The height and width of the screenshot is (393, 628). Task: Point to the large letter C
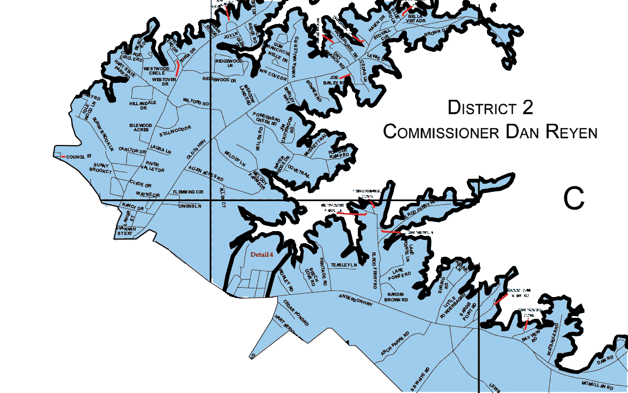(x=574, y=199)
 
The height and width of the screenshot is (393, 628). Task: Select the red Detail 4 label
(x=261, y=254)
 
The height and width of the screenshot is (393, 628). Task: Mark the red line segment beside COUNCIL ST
(x=63, y=157)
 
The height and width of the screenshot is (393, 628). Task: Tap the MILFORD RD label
(x=196, y=101)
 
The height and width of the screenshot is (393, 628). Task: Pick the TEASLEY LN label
(x=343, y=265)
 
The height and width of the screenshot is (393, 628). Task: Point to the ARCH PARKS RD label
(x=394, y=344)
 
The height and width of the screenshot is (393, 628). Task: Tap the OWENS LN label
(x=190, y=206)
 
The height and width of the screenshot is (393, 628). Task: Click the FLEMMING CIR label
(x=188, y=192)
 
